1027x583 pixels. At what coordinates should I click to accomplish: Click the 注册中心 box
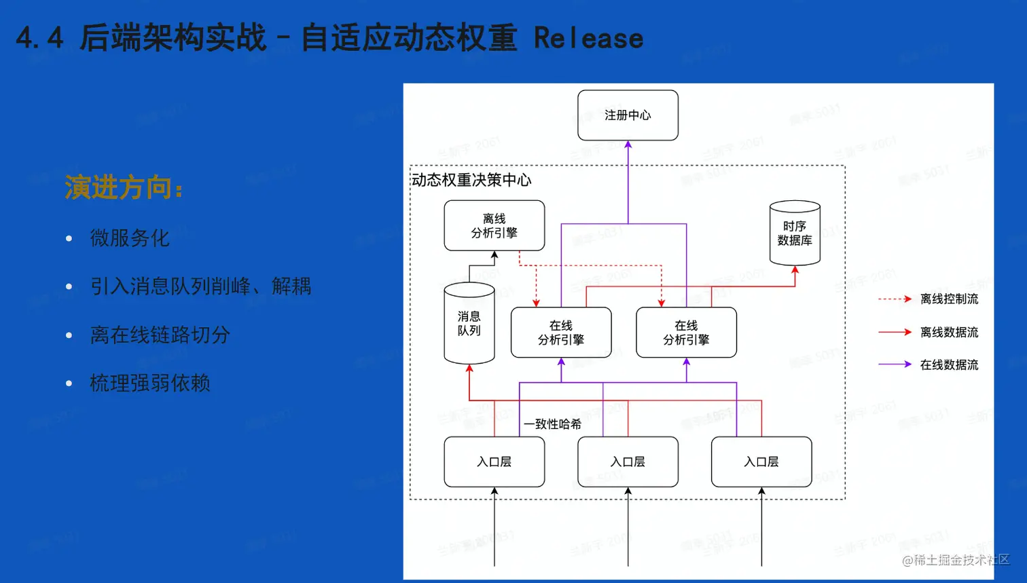(x=628, y=115)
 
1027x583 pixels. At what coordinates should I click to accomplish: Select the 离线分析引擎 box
(x=494, y=226)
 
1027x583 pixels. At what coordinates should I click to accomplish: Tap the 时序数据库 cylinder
(x=794, y=233)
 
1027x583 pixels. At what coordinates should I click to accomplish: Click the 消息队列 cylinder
(x=469, y=324)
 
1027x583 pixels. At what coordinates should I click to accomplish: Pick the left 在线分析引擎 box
(x=560, y=333)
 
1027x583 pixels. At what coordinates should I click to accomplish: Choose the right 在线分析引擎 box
(x=686, y=333)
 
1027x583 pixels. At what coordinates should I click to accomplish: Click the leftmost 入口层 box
(x=494, y=462)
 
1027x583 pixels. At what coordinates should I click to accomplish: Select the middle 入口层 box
(x=628, y=462)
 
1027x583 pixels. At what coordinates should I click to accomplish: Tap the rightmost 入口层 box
(x=761, y=462)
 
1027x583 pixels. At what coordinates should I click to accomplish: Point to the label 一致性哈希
(x=552, y=424)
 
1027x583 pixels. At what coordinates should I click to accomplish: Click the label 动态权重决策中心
(x=471, y=180)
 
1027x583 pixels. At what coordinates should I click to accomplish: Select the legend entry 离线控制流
(x=949, y=299)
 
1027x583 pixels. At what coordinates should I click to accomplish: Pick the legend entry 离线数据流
(x=949, y=332)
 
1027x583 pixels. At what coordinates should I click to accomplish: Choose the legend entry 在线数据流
(x=949, y=364)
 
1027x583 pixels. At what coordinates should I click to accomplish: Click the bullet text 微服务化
(x=130, y=238)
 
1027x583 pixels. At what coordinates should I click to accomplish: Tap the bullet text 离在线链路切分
(x=160, y=335)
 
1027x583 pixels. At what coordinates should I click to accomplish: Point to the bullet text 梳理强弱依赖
(x=150, y=383)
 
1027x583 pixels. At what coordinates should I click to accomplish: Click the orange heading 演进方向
(x=122, y=187)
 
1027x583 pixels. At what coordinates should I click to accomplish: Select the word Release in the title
(x=588, y=38)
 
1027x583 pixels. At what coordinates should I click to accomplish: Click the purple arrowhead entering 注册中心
(x=628, y=145)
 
